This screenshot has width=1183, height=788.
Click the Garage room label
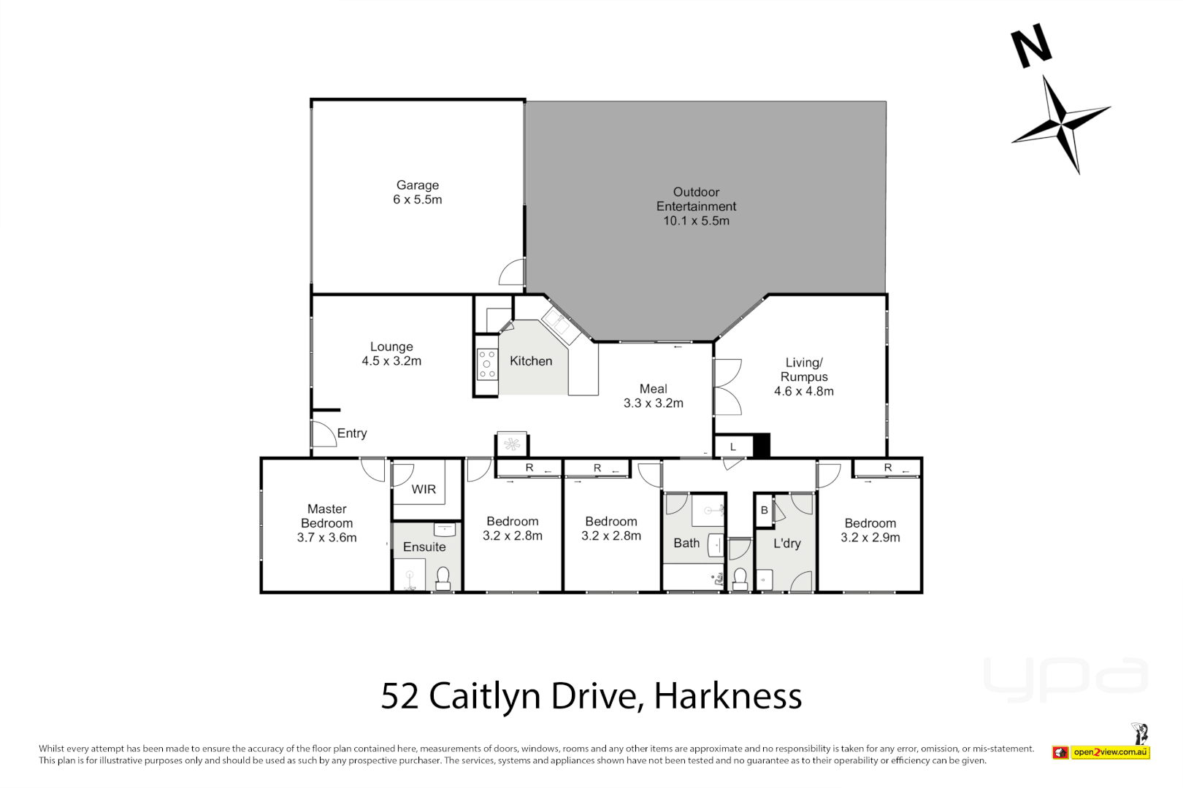(x=417, y=185)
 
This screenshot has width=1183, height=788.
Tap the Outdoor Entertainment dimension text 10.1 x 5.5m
(x=696, y=221)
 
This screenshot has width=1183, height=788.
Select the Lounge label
(x=391, y=347)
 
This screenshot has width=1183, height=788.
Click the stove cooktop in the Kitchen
(x=486, y=364)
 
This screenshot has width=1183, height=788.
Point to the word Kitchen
(x=531, y=361)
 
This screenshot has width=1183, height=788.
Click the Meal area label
(x=653, y=389)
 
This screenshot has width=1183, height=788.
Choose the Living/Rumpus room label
(x=804, y=370)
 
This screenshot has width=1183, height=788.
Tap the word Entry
(x=352, y=433)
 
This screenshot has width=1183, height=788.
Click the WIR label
(x=424, y=490)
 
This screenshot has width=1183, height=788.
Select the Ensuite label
(x=424, y=547)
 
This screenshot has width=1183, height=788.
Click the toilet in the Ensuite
(x=443, y=578)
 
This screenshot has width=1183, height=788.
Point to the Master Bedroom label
(x=327, y=516)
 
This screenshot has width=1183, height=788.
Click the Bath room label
(x=686, y=543)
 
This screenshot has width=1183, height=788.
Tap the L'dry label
(x=787, y=543)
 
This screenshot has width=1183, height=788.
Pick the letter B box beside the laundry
(x=765, y=510)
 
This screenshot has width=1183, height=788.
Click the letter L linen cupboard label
(x=733, y=447)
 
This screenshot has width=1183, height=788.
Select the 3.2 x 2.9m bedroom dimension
(x=870, y=538)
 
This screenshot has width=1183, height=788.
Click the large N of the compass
(x=1031, y=46)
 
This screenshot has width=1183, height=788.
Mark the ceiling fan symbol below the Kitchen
(x=512, y=444)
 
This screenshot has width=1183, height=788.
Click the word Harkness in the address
(x=727, y=696)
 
